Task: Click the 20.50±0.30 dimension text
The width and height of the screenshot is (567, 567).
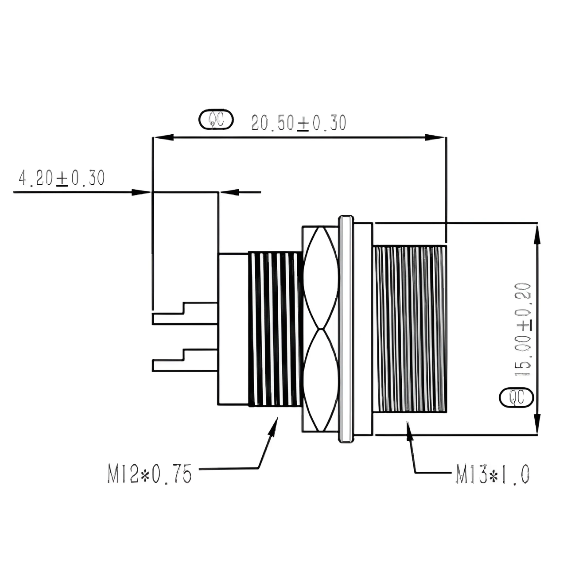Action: click(298, 123)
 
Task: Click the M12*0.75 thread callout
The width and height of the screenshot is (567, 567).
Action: click(150, 473)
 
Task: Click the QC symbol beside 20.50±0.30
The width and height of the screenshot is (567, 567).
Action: click(215, 119)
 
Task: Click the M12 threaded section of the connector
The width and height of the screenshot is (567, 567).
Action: click(273, 329)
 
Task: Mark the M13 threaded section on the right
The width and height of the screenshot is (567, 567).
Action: click(410, 329)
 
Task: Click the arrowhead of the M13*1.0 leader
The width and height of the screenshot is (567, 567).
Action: click(409, 428)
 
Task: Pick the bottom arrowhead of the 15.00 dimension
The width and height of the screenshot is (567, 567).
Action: click(537, 427)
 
